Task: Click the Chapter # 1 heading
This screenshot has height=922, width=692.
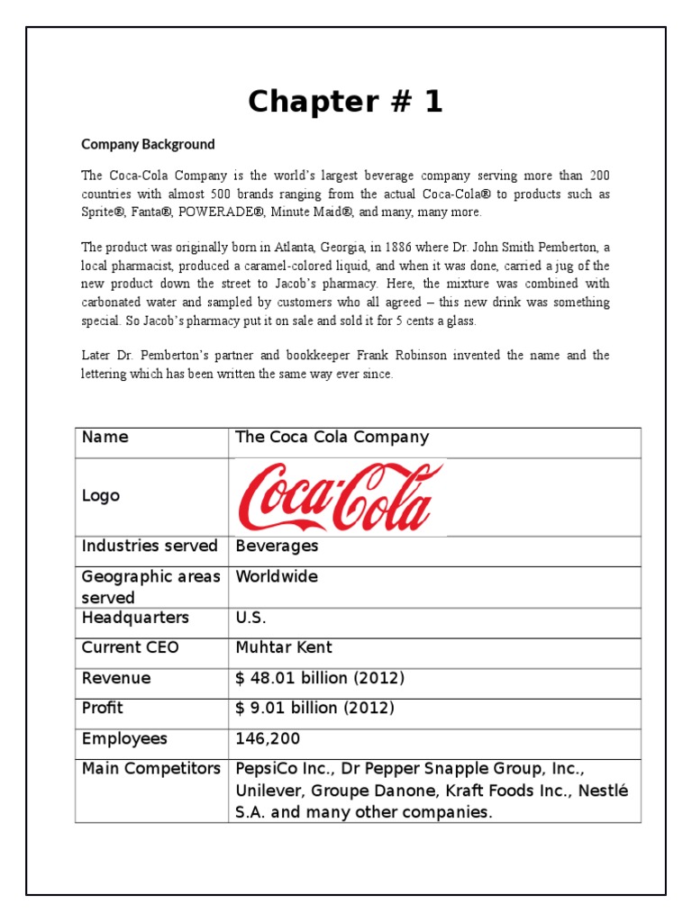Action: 346,103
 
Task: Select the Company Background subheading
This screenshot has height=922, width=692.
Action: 148,144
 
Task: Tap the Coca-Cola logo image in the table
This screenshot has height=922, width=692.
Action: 340,496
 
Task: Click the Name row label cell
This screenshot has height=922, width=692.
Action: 105,438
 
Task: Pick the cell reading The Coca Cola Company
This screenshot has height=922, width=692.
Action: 332,438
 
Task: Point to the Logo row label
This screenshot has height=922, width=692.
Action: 100,496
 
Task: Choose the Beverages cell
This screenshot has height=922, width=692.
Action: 277,547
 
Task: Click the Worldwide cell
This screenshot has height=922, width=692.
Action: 277,577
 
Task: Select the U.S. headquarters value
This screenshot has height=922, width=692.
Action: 251,619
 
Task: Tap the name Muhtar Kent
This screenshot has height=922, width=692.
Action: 284,648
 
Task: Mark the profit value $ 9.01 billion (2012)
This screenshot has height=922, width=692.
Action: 314,709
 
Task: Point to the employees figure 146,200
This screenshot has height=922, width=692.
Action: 268,739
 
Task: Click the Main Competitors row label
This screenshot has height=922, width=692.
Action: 150,769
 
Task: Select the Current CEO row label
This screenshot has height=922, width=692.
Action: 131,648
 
